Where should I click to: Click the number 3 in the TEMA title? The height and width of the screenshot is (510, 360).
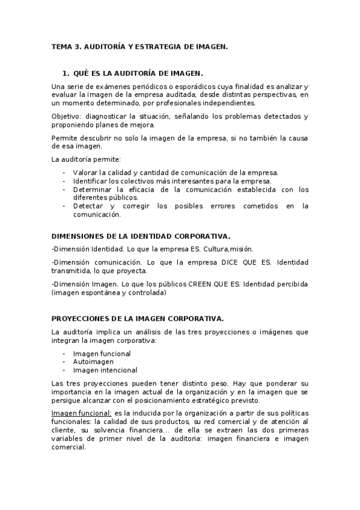click(77, 46)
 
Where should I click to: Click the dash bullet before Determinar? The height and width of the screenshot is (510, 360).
click(64, 189)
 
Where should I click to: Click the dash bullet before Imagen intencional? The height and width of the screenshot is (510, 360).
click(64, 370)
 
